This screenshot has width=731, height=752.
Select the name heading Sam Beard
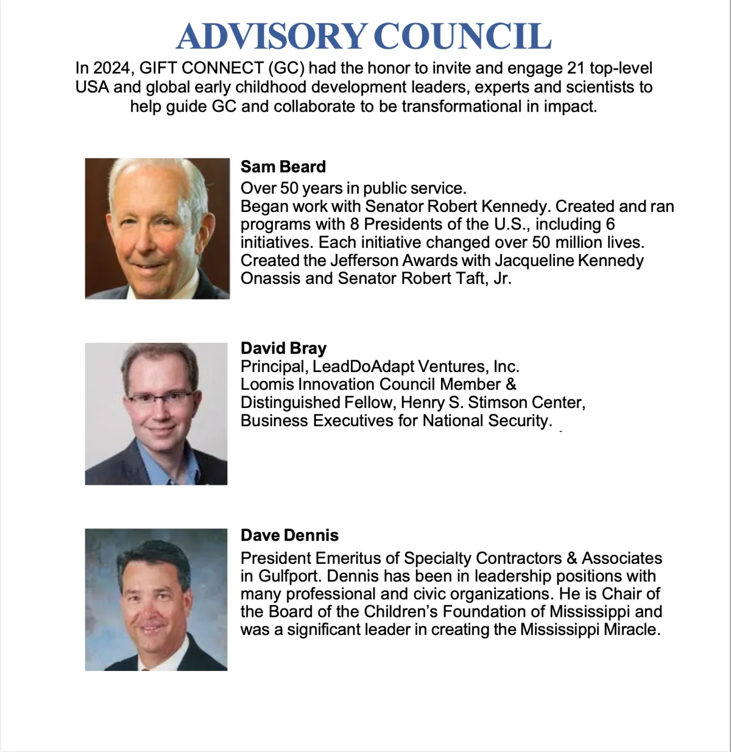pyautogui.click(x=283, y=167)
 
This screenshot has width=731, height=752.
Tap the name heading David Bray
pyautogui.click(x=283, y=348)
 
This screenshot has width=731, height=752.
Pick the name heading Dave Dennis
pyautogui.click(x=289, y=535)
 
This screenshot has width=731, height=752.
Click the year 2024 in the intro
pyautogui.click(x=112, y=68)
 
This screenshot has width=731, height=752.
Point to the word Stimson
pyautogui.click(x=492, y=402)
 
